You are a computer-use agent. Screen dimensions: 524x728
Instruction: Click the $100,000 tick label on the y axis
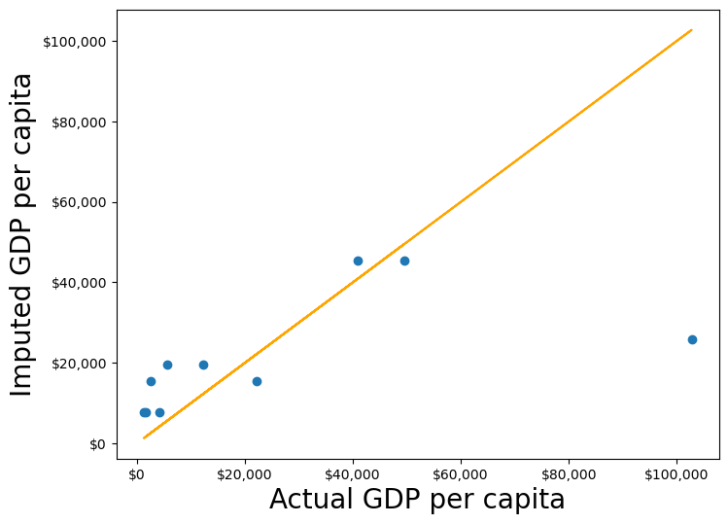(75, 42)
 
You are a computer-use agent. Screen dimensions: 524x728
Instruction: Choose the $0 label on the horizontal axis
(137, 474)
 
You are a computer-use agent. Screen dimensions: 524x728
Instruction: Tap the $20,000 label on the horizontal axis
(245, 474)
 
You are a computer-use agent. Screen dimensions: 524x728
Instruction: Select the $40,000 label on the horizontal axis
(353, 474)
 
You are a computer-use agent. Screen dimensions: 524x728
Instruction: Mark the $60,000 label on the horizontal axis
(461, 474)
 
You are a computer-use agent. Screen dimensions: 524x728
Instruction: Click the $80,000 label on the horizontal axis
(569, 474)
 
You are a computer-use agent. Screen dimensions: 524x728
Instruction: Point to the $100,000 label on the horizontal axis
(676, 474)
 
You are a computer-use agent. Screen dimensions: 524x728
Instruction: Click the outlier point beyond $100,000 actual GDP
(692, 339)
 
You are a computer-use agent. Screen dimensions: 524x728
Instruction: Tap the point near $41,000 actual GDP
(358, 261)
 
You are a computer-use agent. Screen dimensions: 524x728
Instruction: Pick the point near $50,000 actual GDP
(404, 261)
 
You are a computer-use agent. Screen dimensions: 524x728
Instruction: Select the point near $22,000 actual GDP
(257, 381)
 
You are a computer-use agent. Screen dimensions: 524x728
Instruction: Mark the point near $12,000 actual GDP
(203, 365)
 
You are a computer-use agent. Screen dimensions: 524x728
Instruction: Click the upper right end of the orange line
(691, 30)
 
